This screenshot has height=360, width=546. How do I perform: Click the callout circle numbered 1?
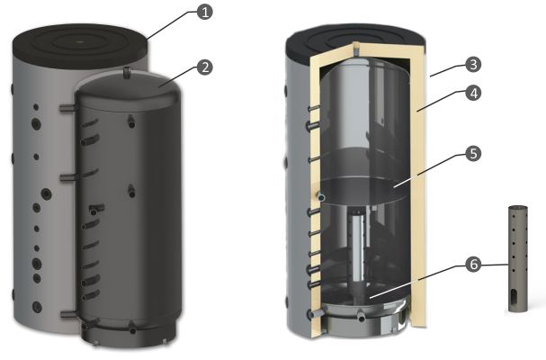(x=204, y=13)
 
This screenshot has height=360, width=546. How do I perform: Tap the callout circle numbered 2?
(x=205, y=67)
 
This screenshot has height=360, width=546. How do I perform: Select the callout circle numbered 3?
(x=473, y=65)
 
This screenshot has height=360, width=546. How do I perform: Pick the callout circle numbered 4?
(x=473, y=94)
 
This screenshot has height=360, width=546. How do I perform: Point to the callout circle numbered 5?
(x=473, y=154)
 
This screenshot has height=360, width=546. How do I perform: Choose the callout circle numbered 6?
(x=473, y=265)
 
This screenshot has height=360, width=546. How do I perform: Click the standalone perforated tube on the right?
(x=518, y=258)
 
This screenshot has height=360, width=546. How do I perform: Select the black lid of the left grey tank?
(x=80, y=45)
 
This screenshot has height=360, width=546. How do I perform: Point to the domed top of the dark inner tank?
(x=128, y=91)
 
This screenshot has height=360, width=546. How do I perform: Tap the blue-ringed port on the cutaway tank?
(x=321, y=197)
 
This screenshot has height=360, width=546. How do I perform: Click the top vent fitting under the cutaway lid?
(x=355, y=49)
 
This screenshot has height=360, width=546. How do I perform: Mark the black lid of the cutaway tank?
(x=355, y=41)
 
